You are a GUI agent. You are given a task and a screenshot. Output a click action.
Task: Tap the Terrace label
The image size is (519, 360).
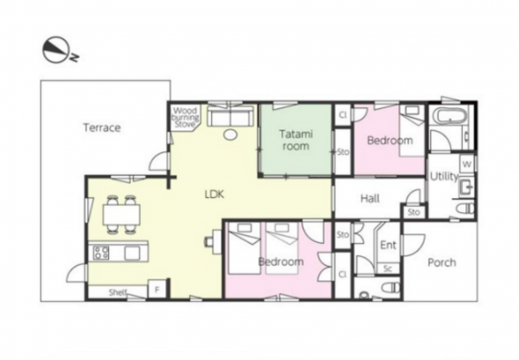coord(102,127)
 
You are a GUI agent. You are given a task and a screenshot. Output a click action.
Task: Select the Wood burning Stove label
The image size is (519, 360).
coord(185,117)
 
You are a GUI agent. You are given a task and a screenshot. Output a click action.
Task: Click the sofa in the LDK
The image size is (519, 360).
coord(231,116)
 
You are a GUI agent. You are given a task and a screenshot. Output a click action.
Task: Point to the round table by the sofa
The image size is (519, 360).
coord(230,134)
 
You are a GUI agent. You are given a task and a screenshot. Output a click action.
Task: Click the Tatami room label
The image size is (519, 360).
coord(296,140)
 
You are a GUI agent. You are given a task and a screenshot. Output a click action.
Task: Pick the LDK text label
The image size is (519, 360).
coord(215,194)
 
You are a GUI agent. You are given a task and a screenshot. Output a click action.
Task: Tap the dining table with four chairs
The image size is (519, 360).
coord(121,215)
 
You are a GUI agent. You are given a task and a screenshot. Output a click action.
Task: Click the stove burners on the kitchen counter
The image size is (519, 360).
coord(100,253)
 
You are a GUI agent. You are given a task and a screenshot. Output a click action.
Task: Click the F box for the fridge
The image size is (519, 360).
coord(157,290)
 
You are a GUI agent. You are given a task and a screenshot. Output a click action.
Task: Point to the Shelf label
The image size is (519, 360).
coord(118,292)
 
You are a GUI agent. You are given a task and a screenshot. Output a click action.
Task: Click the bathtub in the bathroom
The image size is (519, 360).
coord(450,116)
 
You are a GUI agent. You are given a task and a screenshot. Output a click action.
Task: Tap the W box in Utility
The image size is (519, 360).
coord(467,164)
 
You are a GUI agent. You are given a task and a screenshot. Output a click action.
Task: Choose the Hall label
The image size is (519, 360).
coord(369,199)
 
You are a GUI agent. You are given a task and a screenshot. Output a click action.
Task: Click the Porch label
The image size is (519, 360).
coord(442,262)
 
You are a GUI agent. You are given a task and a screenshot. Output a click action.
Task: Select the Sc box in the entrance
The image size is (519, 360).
coord(388,268)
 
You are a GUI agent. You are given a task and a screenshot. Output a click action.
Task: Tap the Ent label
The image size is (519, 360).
coord(388,245)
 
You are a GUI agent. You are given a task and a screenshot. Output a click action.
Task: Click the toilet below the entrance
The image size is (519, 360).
coord(391,287)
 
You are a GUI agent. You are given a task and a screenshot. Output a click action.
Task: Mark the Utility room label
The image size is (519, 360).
coord(444,177)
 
